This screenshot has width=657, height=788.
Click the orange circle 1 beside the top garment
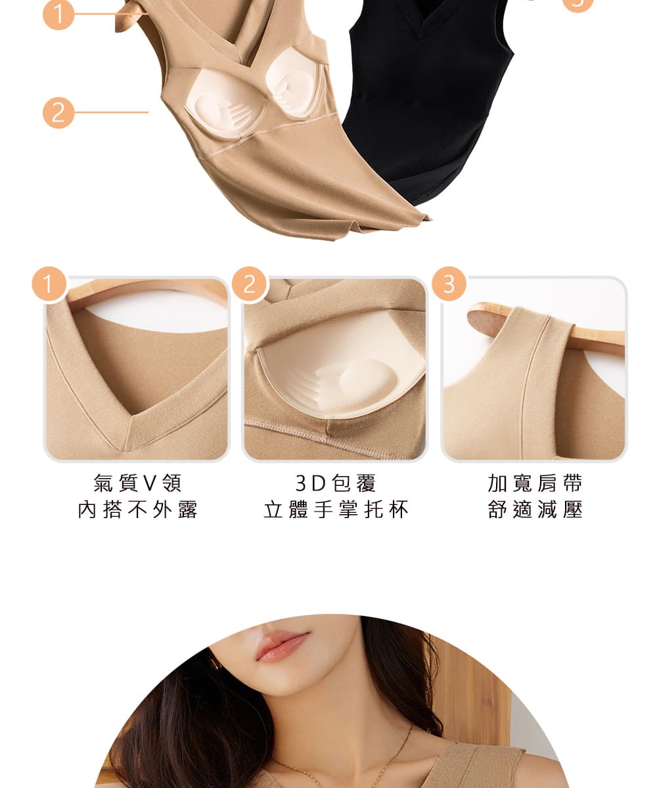[x=58, y=14]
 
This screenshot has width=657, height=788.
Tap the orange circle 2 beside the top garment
[x=58, y=112]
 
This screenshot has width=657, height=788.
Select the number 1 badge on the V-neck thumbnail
[x=49, y=284]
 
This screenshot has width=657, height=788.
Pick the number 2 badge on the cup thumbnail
[x=249, y=284]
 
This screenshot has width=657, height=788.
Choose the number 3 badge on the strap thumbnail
[x=449, y=284]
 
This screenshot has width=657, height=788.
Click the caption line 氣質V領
[x=138, y=483]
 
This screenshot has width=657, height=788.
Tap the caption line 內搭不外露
[x=138, y=510]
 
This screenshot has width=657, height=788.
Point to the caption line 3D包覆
[x=336, y=483]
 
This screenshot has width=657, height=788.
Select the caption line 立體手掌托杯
[x=336, y=510]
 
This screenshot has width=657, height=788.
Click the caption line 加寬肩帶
[x=535, y=483]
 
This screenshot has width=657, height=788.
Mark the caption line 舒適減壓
[x=535, y=510]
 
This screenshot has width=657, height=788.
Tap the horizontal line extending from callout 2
[x=112, y=112]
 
